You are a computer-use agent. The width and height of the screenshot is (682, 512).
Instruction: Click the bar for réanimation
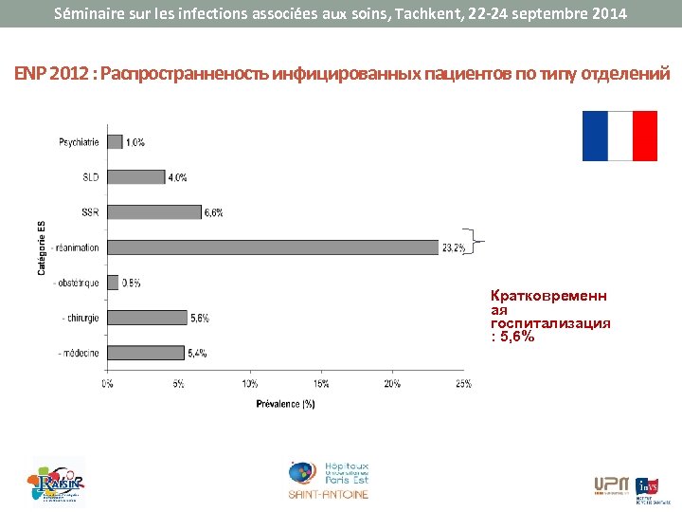tap(273, 247)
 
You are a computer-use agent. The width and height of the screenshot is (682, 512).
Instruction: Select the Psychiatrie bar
tap(115, 142)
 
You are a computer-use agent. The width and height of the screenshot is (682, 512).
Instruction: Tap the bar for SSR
tap(154, 212)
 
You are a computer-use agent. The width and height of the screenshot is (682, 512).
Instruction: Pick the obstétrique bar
tap(113, 283)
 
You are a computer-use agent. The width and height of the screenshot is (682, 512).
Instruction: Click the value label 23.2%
tap(453, 248)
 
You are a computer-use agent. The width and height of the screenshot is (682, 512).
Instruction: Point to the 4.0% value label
tap(177, 177)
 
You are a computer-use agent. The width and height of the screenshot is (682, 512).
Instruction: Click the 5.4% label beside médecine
tap(197, 353)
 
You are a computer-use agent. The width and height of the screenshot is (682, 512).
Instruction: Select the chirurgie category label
tap(79, 318)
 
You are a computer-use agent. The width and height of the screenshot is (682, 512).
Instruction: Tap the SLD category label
tap(90, 177)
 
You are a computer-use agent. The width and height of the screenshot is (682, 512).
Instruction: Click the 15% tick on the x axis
tap(321, 384)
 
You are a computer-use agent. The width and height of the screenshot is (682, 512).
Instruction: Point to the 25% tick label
tap(463, 384)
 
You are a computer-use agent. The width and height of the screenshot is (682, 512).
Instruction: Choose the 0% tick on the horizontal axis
tap(108, 384)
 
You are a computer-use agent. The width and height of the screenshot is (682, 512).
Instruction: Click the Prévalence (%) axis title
tap(285, 404)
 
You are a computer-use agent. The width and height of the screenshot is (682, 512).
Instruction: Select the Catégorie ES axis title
tap(42, 247)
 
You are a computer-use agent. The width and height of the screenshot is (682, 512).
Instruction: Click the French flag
tap(619, 136)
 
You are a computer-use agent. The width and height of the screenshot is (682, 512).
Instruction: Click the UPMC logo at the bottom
tap(611, 485)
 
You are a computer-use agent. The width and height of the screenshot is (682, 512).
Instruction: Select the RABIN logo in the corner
tap(57, 481)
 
